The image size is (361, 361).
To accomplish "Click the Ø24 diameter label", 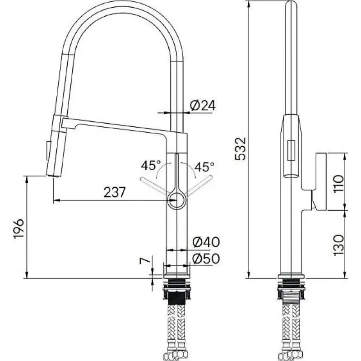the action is click(203, 106).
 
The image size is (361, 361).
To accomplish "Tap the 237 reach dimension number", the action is click(115, 192).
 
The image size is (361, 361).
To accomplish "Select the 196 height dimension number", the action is click(19, 229).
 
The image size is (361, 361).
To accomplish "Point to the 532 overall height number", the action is click(241, 149).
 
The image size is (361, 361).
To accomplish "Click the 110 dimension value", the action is click(338, 184).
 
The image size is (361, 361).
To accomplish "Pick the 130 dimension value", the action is click(338, 245).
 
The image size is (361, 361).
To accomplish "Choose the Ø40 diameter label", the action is click(206, 242).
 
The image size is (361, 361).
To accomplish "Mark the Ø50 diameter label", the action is click(206, 258).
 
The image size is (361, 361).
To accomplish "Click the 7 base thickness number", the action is click(145, 261).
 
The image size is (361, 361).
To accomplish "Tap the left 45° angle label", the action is click(151, 165).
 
